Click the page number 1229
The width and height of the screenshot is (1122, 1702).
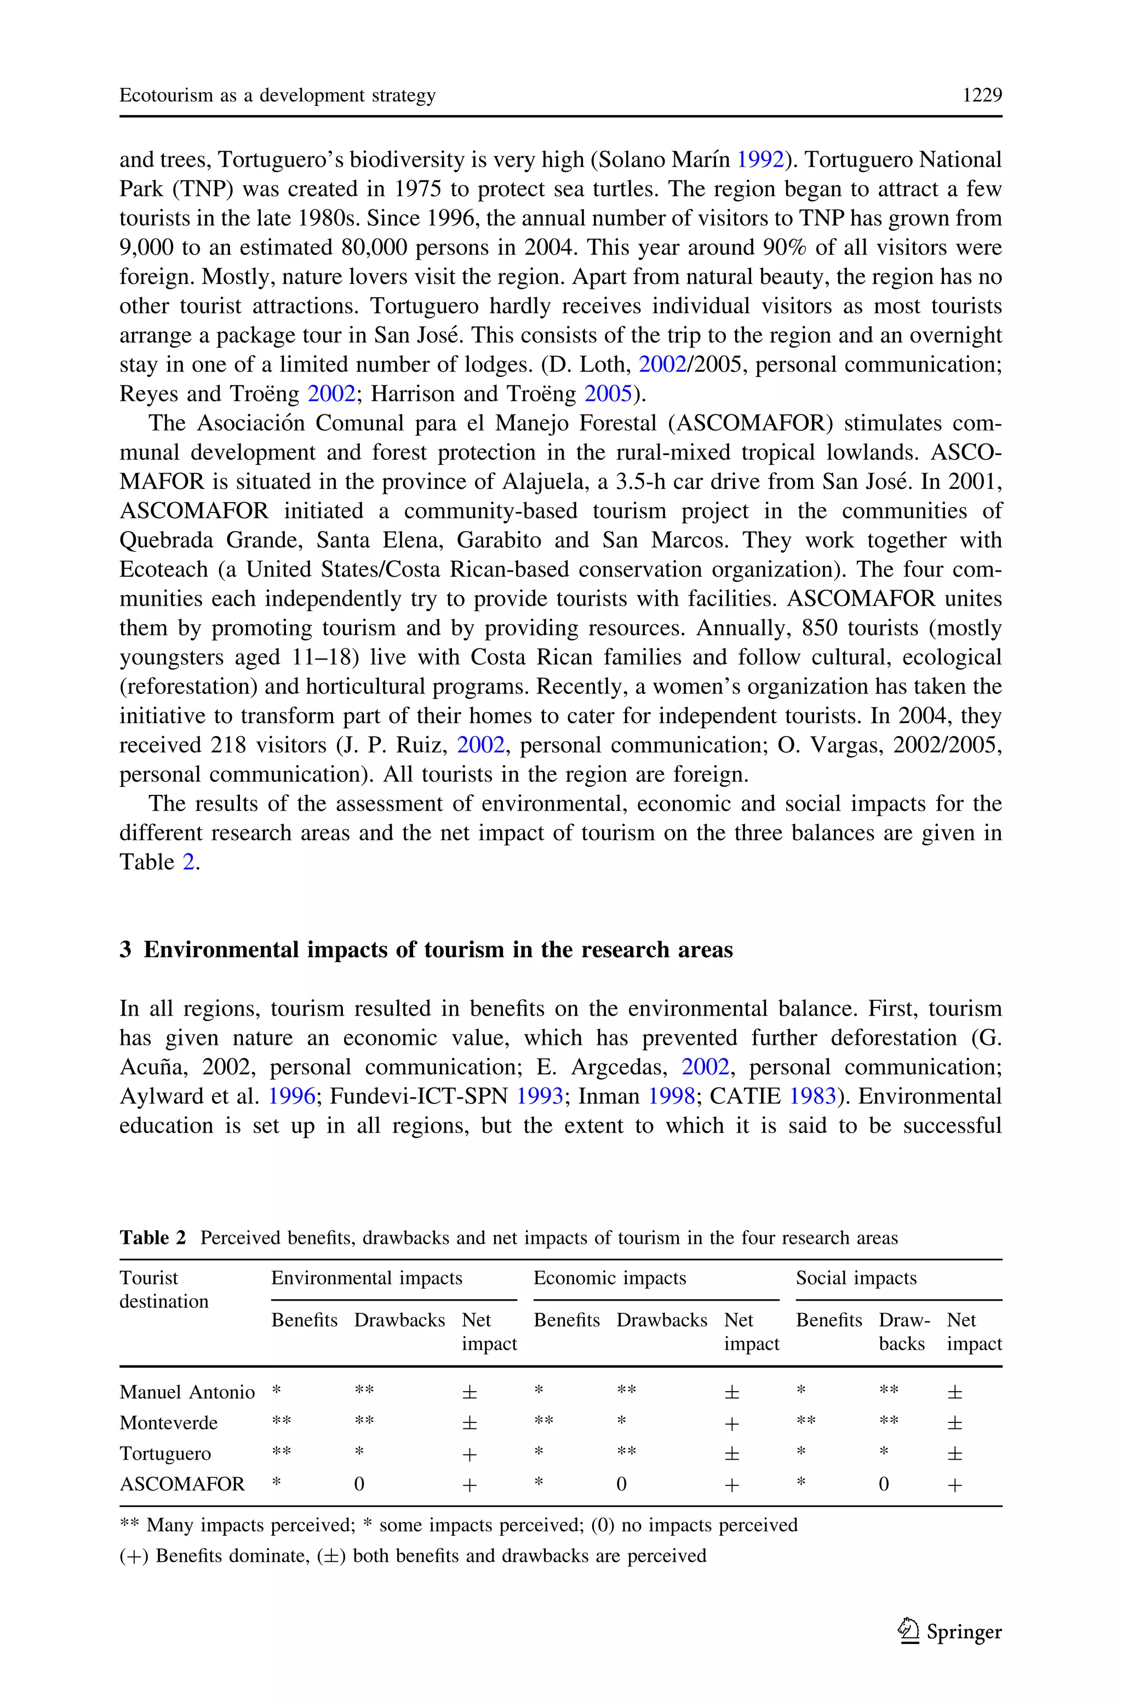(982, 95)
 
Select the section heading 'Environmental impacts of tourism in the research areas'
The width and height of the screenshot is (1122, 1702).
(438, 950)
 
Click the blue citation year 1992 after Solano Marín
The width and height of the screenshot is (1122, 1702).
(760, 160)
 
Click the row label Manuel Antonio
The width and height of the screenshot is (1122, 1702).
(187, 1392)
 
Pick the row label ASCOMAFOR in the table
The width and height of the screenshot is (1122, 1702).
(182, 1484)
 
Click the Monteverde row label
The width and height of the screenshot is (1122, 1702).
(168, 1423)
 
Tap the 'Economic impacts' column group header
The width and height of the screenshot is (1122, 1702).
(610, 1278)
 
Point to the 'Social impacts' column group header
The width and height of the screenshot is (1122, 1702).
(856, 1278)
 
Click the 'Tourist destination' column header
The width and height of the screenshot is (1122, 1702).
(163, 1290)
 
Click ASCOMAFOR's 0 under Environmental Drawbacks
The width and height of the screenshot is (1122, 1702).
(359, 1484)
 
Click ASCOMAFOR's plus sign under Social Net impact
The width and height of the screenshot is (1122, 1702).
(954, 1485)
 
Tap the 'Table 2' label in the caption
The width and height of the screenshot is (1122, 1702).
(152, 1238)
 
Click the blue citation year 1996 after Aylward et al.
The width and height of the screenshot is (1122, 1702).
(291, 1096)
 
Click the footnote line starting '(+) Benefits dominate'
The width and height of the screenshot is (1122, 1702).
(413, 1556)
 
